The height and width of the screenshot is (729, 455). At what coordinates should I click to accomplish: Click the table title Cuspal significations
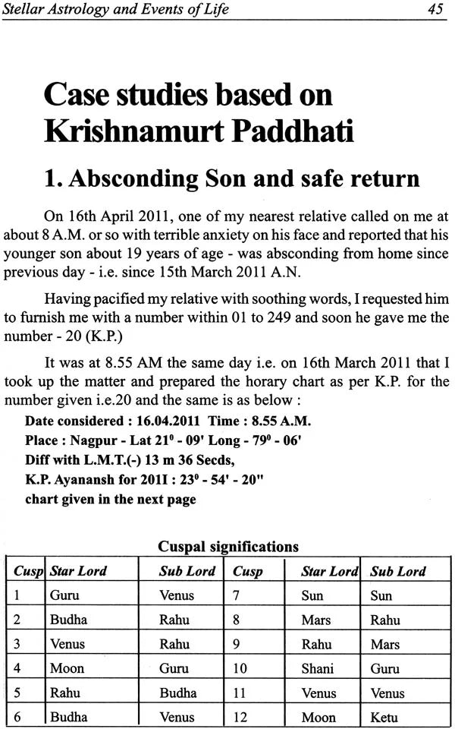[227, 546]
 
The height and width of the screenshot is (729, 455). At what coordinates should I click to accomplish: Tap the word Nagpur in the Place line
[89, 440]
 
